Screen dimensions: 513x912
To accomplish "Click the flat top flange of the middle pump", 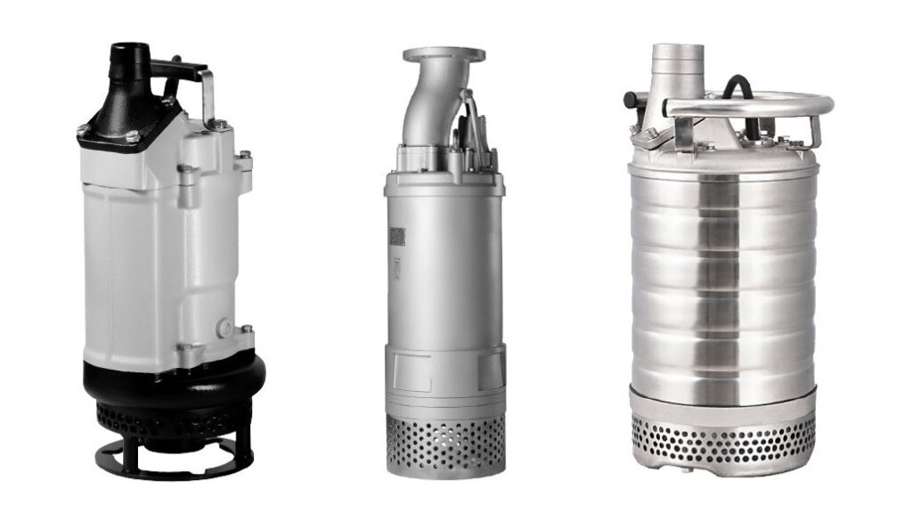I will tap(444, 54).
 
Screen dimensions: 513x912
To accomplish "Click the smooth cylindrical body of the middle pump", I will tap(444, 267).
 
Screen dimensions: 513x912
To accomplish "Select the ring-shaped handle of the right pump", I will tap(748, 106).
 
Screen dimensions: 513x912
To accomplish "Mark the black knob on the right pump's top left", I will tap(631, 98).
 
